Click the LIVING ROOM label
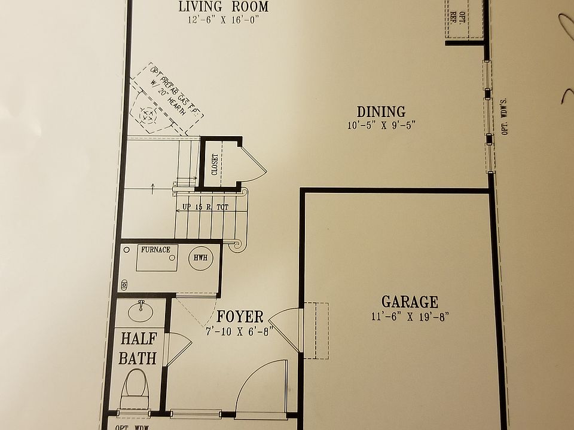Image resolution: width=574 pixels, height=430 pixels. click(x=224, y=7)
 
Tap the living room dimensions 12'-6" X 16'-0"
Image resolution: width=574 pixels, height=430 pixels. click(x=224, y=20)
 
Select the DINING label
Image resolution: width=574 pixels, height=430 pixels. click(x=381, y=112)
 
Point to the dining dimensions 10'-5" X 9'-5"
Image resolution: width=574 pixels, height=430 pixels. click(x=381, y=125)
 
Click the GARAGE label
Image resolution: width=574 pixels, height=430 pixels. click(x=410, y=302)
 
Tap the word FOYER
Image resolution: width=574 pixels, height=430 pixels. click(x=240, y=317)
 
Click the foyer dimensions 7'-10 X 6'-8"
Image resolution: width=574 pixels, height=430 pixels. click(x=239, y=330)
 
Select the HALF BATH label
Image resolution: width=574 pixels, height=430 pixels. click(x=138, y=348)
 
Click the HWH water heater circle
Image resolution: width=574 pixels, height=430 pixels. click(x=200, y=258)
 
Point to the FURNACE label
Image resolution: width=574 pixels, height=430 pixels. click(x=155, y=250)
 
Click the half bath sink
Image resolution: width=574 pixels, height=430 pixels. click(x=141, y=310)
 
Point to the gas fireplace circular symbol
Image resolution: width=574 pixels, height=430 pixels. click(x=148, y=113)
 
